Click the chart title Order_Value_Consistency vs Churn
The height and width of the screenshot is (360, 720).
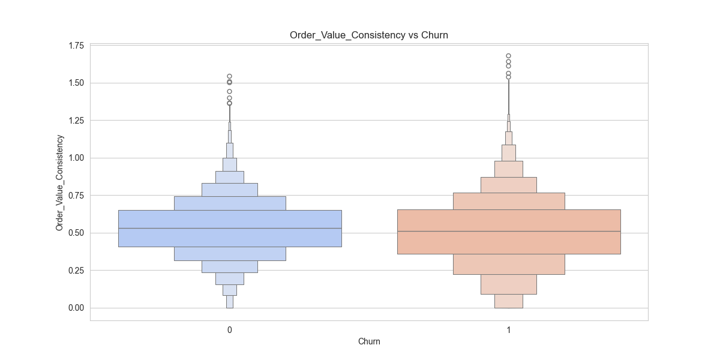tap(369, 35)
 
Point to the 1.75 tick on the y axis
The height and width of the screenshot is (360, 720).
tap(76, 46)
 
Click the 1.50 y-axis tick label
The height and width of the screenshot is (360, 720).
tap(76, 83)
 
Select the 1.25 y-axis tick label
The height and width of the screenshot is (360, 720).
tap(76, 121)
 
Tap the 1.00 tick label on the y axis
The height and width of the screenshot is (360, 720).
tap(76, 158)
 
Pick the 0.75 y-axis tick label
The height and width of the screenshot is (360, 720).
tap(76, 196)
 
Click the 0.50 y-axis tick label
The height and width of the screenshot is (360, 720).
tap(76, 233)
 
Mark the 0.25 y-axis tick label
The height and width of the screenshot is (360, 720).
tap(76, 271)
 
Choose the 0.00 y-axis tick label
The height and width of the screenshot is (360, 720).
tap(76, 308)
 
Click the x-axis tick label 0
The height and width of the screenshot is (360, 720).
tap(230, 330)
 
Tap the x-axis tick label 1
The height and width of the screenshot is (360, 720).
tap(509, 330)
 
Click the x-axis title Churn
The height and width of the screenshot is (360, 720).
tap(369, 342)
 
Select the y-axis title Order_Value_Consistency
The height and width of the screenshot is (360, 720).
tap(59, 183)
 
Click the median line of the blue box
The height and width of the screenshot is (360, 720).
tap(230, 229)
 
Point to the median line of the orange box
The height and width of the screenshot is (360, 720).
tap(509, 232)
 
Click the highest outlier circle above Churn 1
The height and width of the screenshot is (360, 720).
tap(509, 56)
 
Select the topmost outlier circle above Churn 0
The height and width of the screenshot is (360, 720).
tap(230, 76)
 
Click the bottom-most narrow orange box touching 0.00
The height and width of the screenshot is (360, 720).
tap(509, 301)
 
